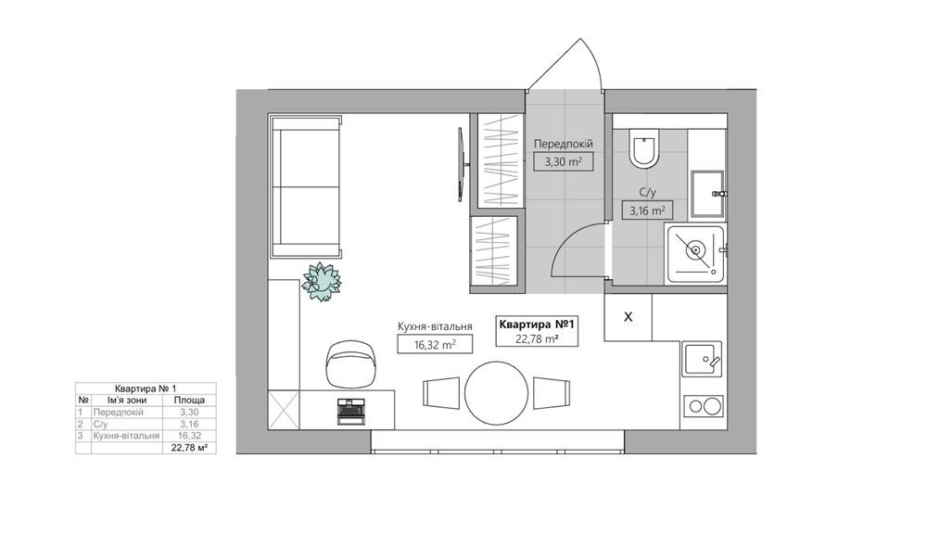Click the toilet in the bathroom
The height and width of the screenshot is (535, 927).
644,148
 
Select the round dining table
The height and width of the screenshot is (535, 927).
496,392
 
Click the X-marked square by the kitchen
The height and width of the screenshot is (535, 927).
628,317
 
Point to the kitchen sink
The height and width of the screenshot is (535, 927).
703,359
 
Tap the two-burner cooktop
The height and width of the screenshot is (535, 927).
704,406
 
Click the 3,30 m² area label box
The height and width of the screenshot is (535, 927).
563,161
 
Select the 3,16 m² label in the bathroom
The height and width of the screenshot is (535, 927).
647,210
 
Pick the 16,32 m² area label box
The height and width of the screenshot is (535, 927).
435,344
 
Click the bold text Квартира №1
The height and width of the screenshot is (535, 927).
537,325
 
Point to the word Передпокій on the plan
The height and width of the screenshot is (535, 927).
564,144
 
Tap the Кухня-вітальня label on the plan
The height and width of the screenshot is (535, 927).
435,326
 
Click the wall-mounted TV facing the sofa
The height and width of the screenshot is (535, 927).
463,164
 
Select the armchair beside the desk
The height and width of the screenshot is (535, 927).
351,363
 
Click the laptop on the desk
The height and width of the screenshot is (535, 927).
351,410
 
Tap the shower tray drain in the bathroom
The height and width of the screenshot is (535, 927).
695,250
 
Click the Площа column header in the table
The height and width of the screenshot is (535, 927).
189,401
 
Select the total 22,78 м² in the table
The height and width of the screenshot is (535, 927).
189,448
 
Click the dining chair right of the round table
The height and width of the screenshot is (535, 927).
552,392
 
